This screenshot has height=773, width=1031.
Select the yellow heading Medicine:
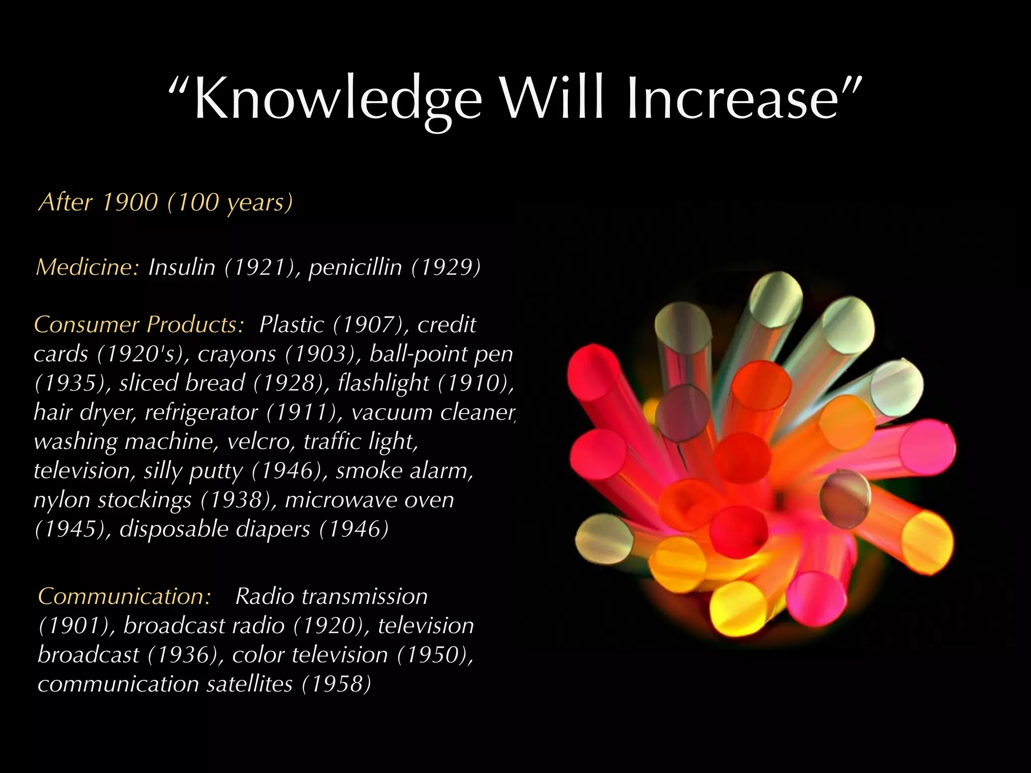[87, 267]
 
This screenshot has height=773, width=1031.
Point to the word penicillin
[355, 267]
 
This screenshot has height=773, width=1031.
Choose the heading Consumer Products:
[139, 325]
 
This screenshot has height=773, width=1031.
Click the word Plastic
[291, 325]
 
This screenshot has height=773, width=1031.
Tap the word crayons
[237, 354]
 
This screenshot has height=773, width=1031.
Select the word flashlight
[383, 383]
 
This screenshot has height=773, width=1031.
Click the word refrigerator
[201, 412]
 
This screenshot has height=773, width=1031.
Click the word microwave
[333, 500]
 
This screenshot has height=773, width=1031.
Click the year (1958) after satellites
[336, 684]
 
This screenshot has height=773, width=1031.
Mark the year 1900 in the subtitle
[130, 202]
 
